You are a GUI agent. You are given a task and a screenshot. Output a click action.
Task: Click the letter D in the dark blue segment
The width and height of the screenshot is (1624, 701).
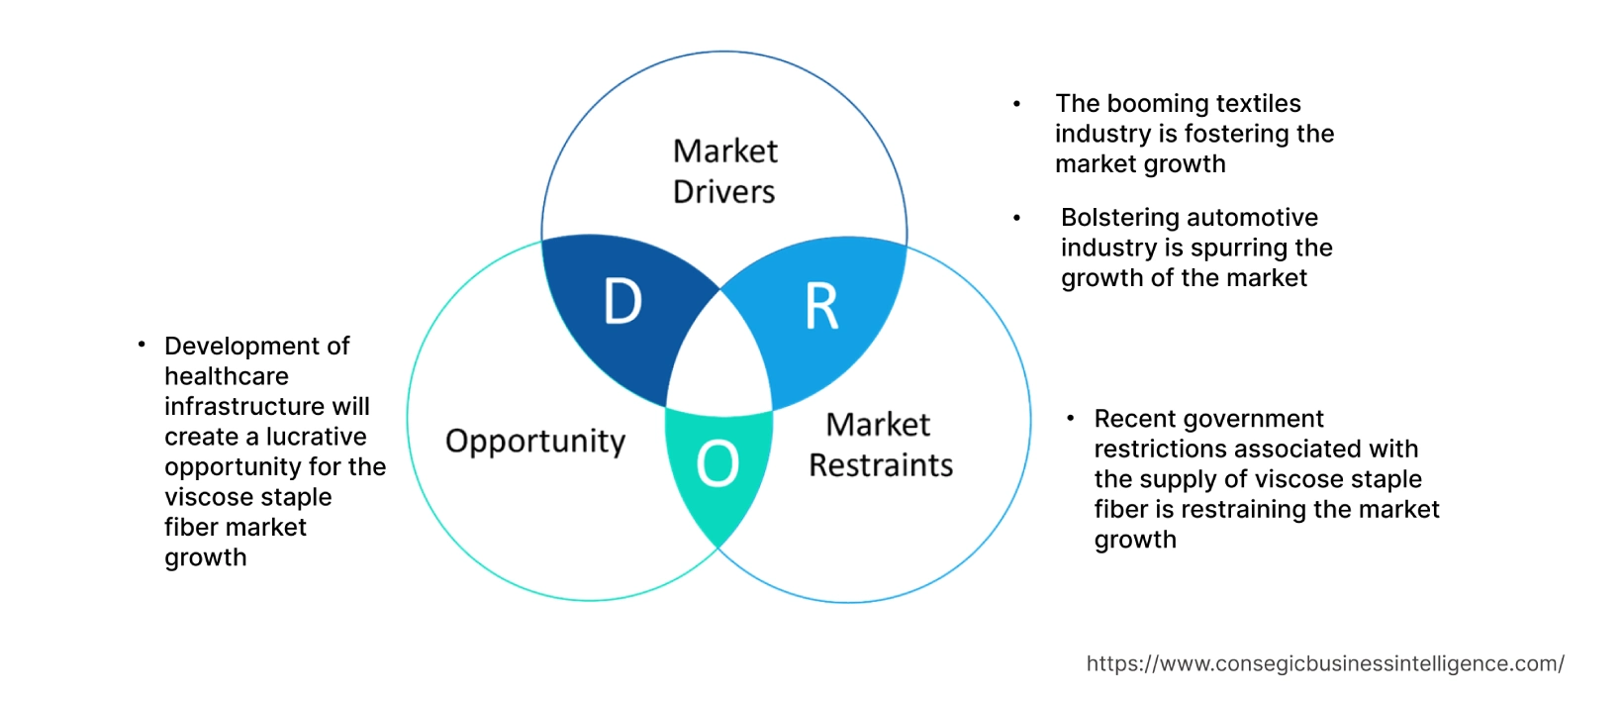(622, 301)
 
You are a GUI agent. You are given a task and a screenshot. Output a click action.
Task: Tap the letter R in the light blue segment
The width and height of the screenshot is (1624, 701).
(821, 307)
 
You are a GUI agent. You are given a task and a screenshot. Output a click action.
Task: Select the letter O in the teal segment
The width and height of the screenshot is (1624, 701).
(717, 463)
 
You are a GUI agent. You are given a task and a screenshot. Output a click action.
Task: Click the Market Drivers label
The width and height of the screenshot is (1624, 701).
(724, 171)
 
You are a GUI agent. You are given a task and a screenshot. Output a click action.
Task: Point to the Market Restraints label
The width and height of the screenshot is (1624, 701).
(880, 445)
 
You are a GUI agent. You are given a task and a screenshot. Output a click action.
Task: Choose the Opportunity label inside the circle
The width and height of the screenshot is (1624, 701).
(535, 441)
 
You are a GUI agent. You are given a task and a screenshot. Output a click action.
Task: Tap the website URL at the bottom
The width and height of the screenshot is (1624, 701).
(1325, 663)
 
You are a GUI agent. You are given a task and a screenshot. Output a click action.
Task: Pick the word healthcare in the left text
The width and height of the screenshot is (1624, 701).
(227, 376)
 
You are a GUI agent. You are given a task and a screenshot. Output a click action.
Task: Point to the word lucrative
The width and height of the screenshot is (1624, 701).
(316, 437)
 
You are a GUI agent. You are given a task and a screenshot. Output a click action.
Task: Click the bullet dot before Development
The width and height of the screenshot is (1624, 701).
(143, 345)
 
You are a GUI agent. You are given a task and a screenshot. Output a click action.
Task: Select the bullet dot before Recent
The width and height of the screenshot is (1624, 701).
(1071, 419)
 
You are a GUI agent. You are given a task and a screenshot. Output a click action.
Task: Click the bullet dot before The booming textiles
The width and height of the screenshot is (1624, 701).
(1016, 104)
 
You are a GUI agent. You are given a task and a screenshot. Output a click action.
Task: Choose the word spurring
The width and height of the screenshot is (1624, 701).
(1238, 248)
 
